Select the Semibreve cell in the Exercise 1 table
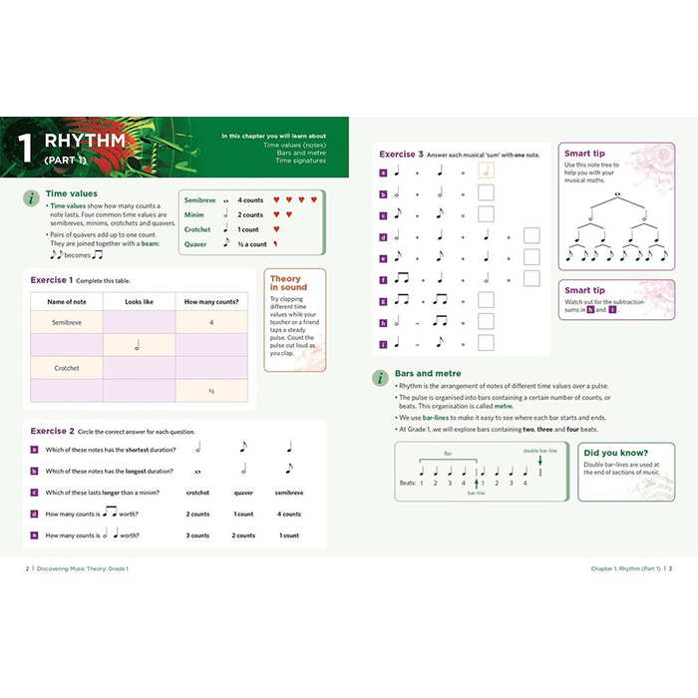tap(66, 322)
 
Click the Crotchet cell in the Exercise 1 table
tap(66, 368)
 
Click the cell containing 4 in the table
tap(211, 322)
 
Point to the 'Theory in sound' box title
tap(286, 283)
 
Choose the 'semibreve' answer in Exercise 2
tap(289, 493)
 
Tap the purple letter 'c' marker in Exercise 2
tap(34, 493)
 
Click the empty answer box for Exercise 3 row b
tap(486, 193)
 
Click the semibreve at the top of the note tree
tap(618, 194)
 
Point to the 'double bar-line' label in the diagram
tap(539, 451)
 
